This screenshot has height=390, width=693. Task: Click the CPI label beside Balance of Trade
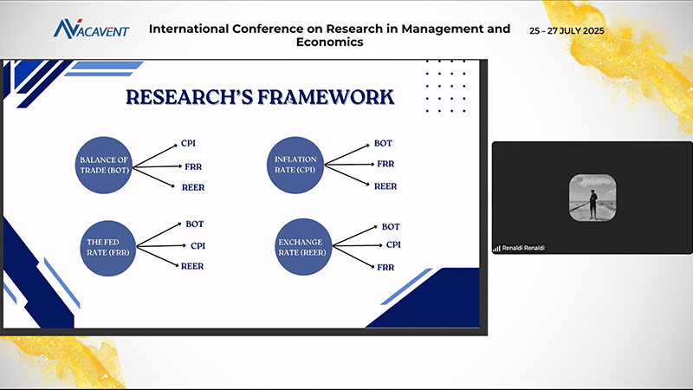tap(189, 143)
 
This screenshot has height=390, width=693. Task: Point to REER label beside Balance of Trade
tap(192, 187)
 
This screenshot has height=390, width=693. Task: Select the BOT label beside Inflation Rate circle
tap(383, 143)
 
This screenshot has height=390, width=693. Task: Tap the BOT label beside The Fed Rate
tap(194, 224)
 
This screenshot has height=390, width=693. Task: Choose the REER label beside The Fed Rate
tap(192, 266)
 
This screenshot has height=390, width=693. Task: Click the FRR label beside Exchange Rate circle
tap(385, 268)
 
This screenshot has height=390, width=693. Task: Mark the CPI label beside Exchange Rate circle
tap(393, 245)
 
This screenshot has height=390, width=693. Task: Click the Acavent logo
tap(91, 29)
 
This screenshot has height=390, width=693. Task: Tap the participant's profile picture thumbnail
tap(593, 198)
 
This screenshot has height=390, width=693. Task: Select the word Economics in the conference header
tap(329, 42)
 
